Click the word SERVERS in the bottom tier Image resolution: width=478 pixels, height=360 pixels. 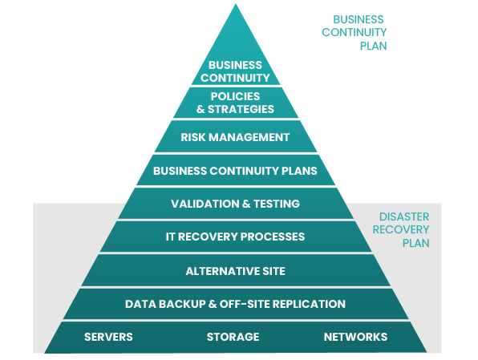click(108, 337)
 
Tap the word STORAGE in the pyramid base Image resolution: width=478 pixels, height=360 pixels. click(233, 337)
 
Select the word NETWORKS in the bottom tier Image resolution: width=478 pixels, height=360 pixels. click(355, 337)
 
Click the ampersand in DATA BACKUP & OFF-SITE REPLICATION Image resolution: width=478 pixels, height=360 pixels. click(213, 304)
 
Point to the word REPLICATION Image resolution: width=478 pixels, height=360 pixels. click(309, 304)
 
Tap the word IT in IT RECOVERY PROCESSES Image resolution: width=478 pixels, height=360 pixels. click(170, 237)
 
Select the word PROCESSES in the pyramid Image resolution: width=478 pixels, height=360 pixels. click(272, 237)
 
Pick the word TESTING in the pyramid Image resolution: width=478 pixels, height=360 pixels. click(277, 204)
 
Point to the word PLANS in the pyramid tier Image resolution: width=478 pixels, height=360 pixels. click(299, 171)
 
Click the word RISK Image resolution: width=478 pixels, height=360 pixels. click(193, 137)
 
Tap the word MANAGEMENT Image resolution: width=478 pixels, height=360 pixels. click(249, 137)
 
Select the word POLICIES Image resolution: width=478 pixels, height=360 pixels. click(235, 96)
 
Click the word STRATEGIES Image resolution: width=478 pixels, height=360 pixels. click(241, 109)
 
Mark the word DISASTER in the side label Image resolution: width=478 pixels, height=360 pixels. click(404, 216)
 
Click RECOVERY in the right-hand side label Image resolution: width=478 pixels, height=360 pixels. click(400, 229)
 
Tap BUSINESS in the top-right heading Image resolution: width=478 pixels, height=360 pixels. click(358, 19)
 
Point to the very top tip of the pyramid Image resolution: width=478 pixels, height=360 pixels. click(236, 4)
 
